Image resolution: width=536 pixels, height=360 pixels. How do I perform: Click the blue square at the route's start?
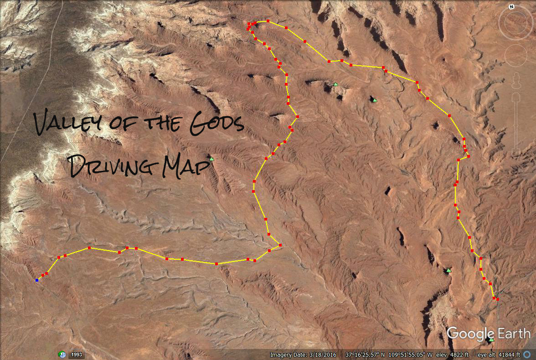point(37,280)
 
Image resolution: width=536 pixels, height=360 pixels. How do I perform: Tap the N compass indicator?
point(512,7)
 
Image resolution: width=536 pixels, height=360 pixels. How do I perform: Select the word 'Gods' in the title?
point(216,124)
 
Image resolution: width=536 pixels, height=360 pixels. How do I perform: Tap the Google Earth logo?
point(488,334)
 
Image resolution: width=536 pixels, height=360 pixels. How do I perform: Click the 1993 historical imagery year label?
point(77,355)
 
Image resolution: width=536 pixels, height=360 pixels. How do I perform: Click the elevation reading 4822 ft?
point(456,355)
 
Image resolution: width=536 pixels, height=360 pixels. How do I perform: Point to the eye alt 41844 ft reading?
point(507,355)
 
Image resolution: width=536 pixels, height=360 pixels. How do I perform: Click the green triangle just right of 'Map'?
point(211,159)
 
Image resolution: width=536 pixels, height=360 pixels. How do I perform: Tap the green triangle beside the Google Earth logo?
point(491,339)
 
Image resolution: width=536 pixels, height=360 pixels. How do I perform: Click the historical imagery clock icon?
point(62,355)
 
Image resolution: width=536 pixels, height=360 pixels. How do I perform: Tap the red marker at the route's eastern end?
point(497,299)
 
